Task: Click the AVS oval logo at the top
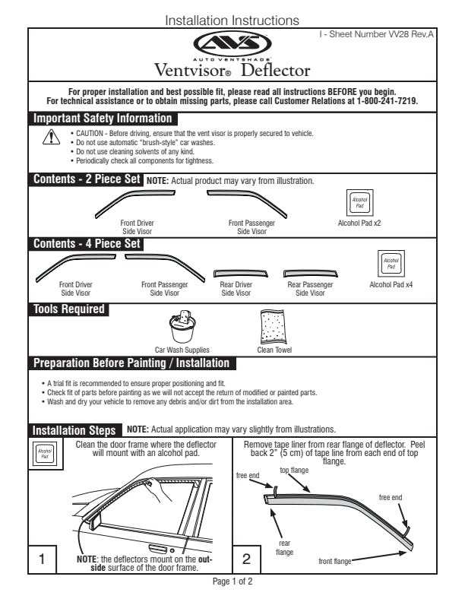232,44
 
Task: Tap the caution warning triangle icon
51,138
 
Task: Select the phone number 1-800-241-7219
386,101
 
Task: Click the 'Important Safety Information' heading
103,119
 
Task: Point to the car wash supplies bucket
182,328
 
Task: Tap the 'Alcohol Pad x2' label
359,224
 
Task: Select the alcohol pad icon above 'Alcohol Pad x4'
391,264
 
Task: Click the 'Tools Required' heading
69,309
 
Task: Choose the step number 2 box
245,560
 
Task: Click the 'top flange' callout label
294,470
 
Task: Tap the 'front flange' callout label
335,561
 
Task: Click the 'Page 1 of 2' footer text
232,581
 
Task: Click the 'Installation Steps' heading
74,430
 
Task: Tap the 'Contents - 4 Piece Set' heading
87,244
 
